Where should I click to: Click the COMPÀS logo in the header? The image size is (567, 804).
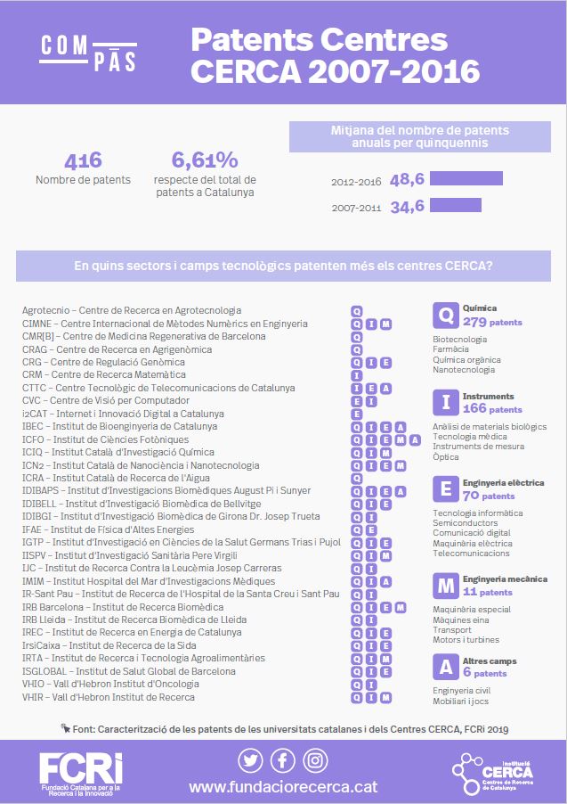tap(88, 53)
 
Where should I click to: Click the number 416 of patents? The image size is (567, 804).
tap(83, 160)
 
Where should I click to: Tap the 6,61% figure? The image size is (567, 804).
tap(205, 160)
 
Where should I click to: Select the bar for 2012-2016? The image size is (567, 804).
tap(466, 179)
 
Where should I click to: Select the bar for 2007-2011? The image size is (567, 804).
tap(455, 206)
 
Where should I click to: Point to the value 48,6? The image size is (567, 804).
tap(407, 180)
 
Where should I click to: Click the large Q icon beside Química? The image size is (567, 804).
tap(444, 315)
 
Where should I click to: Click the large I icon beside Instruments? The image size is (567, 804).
tap(444, 403)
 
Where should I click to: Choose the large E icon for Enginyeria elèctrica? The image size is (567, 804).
tap(444, 489)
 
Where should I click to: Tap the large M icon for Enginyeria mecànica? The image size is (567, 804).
tap(444, 586)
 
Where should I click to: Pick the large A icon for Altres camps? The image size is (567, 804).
tap(444, 667)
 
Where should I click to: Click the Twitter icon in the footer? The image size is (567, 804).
tap(250, 760)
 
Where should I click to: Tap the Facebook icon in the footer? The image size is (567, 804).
tap(283, 760)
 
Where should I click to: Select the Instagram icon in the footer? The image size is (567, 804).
tap(315, 760)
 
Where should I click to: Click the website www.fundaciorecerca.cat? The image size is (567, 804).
tap(282, 787)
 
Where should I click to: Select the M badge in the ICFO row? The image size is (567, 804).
tap(400, 439)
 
